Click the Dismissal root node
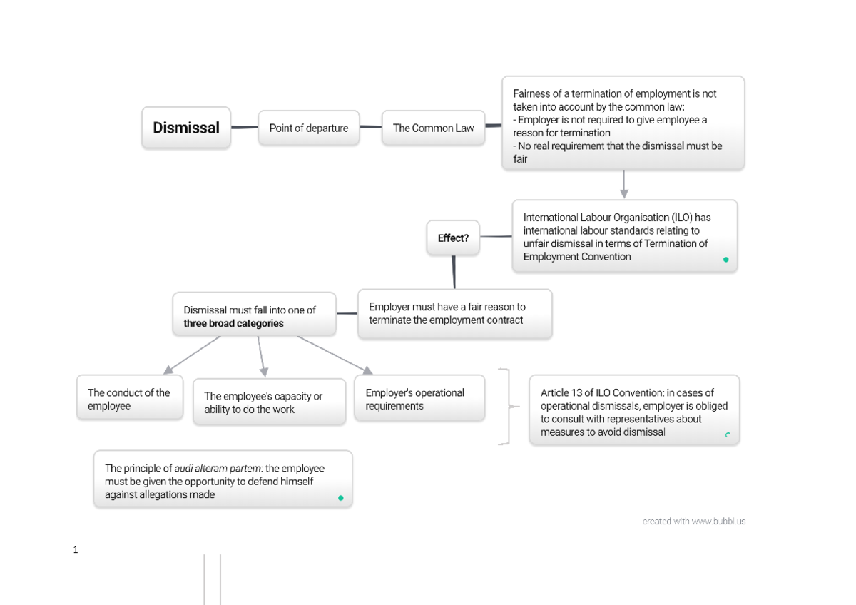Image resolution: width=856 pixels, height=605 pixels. pyautogui.click(x=186, y=128)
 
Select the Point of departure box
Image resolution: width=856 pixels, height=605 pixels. pyautogui.click(x=308, y=128)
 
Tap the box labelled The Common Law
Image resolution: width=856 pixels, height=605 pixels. pyautogui.click(x=433, y=128)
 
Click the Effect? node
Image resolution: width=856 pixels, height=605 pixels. pyautogui.click(x=453, y=238)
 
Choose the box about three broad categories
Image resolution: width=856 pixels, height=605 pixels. pyautogui.click(x=254, y=314)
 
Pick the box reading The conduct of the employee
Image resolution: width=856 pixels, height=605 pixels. pyautogui.click(x=129, y=399)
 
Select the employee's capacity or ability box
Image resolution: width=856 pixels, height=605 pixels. pyautogui.click(x=269, y=402)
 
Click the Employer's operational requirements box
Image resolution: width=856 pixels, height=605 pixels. pyautogui.click(x=419, y=399)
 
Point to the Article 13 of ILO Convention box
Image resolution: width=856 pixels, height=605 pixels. pyautogui.click(x=633, y=412)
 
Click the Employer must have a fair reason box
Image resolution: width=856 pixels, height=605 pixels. pyautogui.click(x=454, y=313)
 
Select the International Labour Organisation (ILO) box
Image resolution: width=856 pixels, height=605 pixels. pyautogui.click(x=624, y=237)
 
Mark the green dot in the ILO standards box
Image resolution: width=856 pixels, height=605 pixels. pyautogui.click(x=726, y=260)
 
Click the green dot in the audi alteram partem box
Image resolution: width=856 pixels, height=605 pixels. pyautogui.click(x=340, y=498)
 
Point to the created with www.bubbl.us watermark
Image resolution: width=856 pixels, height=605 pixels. pyautogui.click(x=693, y=522)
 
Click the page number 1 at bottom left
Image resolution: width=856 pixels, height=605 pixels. pyautogui.click(x=75, y=550)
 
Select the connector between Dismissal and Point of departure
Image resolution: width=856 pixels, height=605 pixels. pyautogui.click(x=244, y=128)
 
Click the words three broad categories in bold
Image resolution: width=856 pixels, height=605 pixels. pyautogui.click(x=233, y=324)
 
